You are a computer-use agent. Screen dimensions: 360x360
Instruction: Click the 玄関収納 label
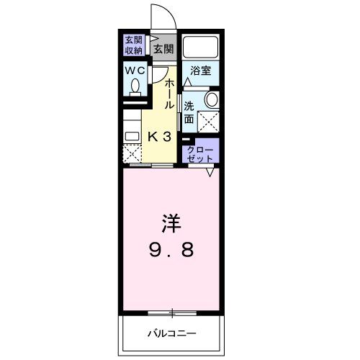coord(134,45)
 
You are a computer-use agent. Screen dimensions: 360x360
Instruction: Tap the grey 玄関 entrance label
coord(163,50)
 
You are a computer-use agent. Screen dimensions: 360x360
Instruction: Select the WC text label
coord(135,71)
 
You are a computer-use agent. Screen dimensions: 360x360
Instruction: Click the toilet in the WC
coord(135,89)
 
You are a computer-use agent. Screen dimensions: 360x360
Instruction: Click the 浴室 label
coord(200,71)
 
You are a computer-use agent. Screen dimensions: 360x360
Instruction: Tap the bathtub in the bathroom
coord(200,48)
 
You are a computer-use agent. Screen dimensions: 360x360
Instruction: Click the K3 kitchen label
coord(159,136)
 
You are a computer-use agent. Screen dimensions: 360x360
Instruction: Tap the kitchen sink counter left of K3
coord(131,134)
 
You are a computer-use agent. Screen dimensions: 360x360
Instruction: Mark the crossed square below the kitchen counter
coord(131,153)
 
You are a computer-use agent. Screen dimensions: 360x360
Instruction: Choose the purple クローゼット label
coord(199,152)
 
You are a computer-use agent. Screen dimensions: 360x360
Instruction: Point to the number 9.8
coord(170,251)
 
